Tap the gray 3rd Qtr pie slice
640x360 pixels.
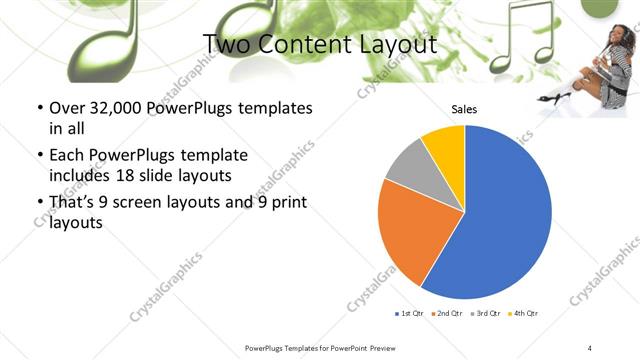[409, 169]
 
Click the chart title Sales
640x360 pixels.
[464, 109]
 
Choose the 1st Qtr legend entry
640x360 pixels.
[409, 314]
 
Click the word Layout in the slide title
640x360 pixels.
[400, 44]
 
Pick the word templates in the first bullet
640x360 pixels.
[270, 108]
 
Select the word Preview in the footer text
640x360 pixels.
[386, 346]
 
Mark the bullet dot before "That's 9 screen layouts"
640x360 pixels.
[39, 203]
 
